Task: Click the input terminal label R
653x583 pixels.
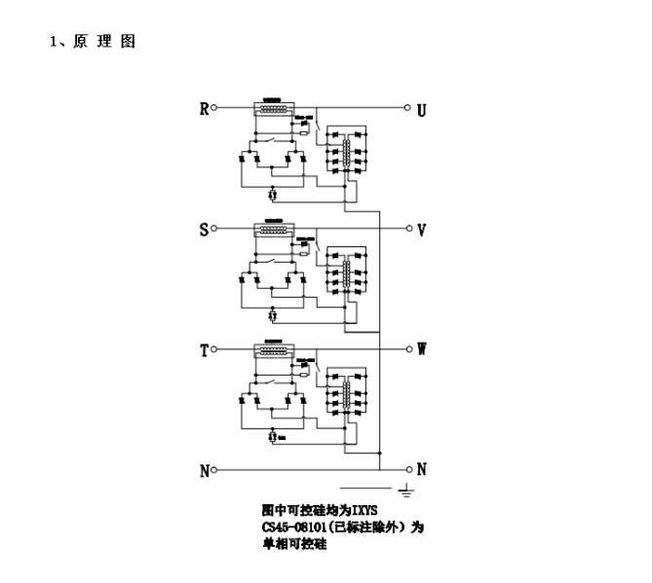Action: click(x=204, y=109)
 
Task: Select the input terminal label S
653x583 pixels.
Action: click(x=204, y=230)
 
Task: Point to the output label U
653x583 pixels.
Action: click(x=421, y=110)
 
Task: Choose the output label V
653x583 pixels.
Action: click(x=421, y=231)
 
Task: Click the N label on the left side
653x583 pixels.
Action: click(x=205, y=471)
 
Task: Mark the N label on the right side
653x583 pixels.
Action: click(x=421, y=469)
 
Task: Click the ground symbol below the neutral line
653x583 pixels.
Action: click(x=404, y=489)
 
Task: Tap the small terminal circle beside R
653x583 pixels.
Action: click(x=214, y=108)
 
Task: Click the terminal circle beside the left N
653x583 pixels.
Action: click(x=214, y=470)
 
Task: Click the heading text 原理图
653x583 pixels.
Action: click(x=103, y=42)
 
